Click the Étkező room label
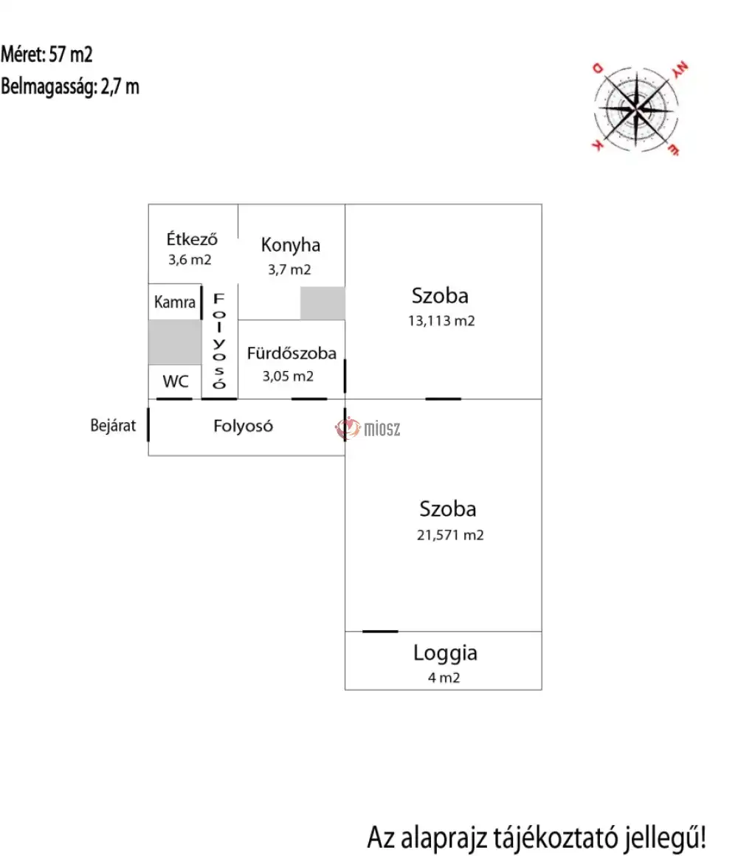(x=192, y=239)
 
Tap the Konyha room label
(x=290, y=245)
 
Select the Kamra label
(x=175, y=302)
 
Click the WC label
(x=175, y=381)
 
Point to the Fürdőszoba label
(x=292, y=353)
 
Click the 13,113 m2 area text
(x=441, y=320)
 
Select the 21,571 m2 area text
(x=450, y=535)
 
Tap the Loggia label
(x=446, y=653)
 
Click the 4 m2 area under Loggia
(x=444, y=677)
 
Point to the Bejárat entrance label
(x=113, y=426)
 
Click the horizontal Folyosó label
(x=243, y=426)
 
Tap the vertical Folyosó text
(x=219, y=341)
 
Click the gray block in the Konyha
(x=323, y=303)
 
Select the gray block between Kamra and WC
(x=175, y=342)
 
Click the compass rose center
(x=636, y=109)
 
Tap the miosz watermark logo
(x=368, y=429)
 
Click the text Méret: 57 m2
(x=47, y=54)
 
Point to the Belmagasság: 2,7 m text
(x=70, y=87)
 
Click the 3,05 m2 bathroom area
(x=288, y=376)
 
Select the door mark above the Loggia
(x=381, y=632)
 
